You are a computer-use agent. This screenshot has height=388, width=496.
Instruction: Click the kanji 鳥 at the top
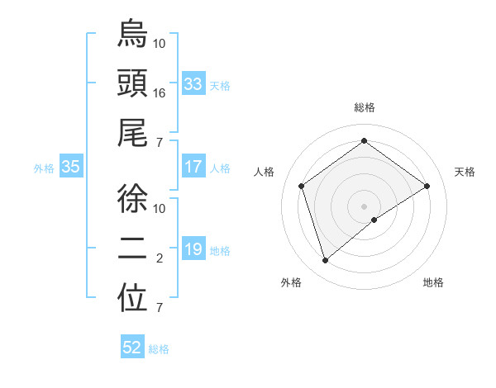pyautogui.click(x=132, y=34)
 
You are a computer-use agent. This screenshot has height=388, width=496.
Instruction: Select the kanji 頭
pyautogui.click(x=132, y=84)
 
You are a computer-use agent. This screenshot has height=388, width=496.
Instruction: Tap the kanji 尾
pyautogui.click(x=132, y=135)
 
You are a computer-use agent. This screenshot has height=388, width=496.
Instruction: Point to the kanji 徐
pyautogui.click(x=132, y=198)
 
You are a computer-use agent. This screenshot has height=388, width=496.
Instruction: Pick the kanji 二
pyautogui.click(x=132, y=248)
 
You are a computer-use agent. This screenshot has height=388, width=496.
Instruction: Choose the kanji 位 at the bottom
pyautogui.click(x=132, y=299)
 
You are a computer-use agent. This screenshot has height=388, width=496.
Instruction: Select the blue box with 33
pyautogui.click(x=193, y=84)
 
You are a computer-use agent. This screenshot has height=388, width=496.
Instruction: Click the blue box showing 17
pyautogui.click(x=193, y=167)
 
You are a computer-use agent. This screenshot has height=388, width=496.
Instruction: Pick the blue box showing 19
pyautogui.click(x=193, y=249)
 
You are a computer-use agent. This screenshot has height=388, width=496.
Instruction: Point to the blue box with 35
pyautogui.click(x=70, y=168)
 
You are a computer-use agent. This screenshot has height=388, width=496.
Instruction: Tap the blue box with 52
pyautogui.click(x=132, y=348)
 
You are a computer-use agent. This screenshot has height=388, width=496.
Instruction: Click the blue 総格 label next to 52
pyautogui.click(x=159, y=349)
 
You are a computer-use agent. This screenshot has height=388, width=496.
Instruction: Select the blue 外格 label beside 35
pyautogui.click(x=44, y=168)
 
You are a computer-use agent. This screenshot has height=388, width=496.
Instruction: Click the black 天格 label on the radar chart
pyautogui.click(x=465, y=172)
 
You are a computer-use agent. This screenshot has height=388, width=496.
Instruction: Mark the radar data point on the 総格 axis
pyautogui.click(x=364, y=141)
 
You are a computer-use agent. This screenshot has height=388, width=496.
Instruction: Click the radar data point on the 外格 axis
pyautogui.click(x=326, y=261)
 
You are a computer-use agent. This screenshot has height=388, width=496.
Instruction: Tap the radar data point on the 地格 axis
pyautogui.click(x=374, y=220)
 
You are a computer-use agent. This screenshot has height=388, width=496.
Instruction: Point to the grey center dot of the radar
pyautogui.click(x=364, y=205)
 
